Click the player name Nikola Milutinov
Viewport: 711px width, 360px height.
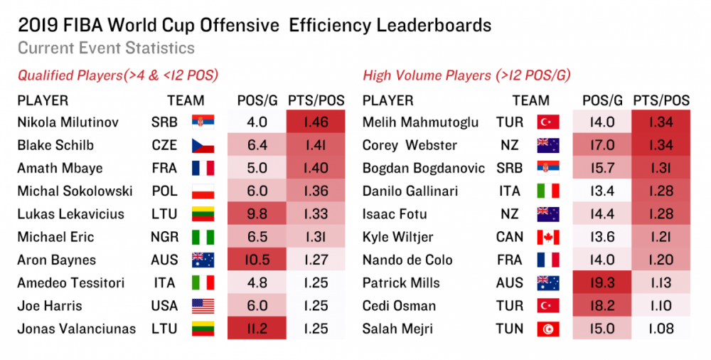point(68,122)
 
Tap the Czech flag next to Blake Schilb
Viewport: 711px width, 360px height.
point(202,146)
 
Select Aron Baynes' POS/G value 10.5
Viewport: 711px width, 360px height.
point(256,260)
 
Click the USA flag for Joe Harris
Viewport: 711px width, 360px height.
point(202,306)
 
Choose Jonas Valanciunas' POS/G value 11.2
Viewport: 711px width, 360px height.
point(256,329)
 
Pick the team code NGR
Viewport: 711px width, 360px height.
point(164,237)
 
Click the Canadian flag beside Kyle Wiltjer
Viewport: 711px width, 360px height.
point(547,237)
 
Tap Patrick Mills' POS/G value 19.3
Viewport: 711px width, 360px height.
point(602,283)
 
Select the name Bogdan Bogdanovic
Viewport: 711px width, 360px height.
point(424,169)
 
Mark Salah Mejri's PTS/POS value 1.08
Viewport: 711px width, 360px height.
point(661,329)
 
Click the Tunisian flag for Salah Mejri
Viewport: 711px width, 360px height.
point(547,329)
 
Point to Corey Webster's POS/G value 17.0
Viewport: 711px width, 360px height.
point(602,146)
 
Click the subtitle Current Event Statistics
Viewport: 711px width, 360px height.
point(106,48)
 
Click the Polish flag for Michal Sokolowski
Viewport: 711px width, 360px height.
point(202,191)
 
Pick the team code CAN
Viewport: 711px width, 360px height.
point(510,237)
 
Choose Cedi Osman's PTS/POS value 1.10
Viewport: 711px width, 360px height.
point(661,306)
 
